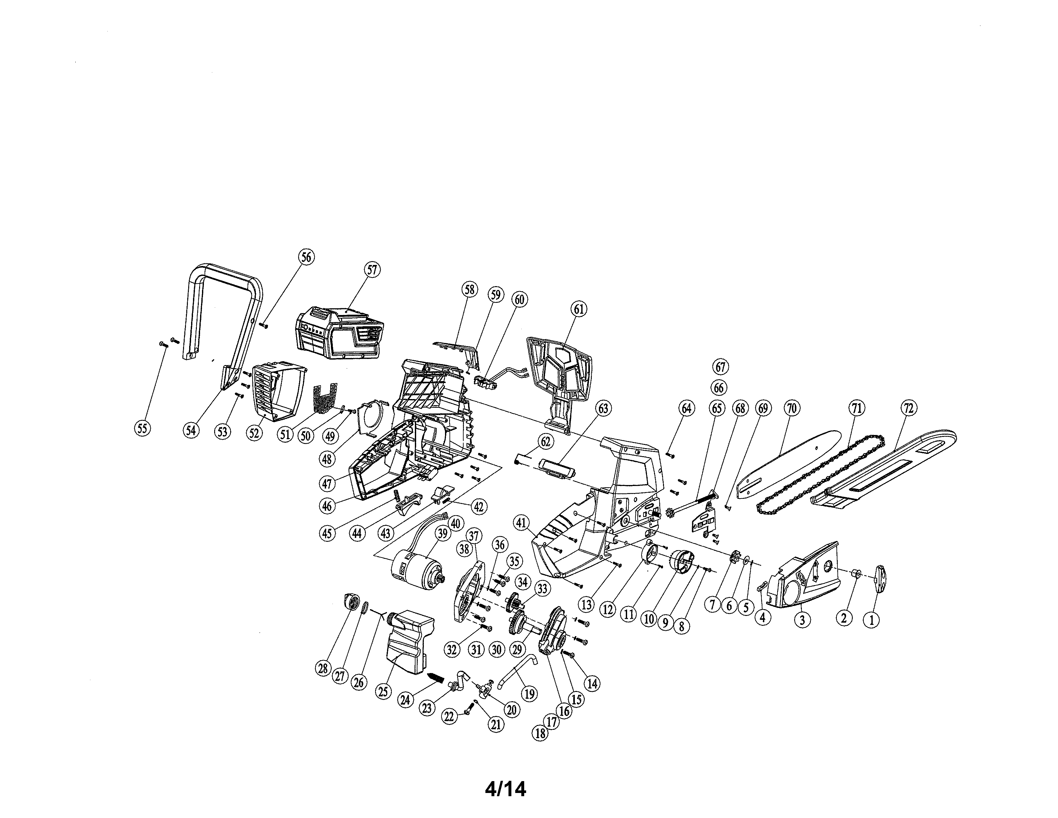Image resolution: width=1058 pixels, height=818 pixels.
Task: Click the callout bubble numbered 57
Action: click(372, 270)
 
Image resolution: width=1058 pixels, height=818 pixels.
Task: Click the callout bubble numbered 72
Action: click(908, 408)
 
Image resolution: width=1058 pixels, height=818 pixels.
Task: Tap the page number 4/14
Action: click(505, 789)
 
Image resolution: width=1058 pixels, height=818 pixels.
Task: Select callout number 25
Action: click(383, 691)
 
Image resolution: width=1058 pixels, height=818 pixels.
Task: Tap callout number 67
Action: click(720, 367)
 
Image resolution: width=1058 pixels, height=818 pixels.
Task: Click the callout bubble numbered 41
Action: click(521, 523)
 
